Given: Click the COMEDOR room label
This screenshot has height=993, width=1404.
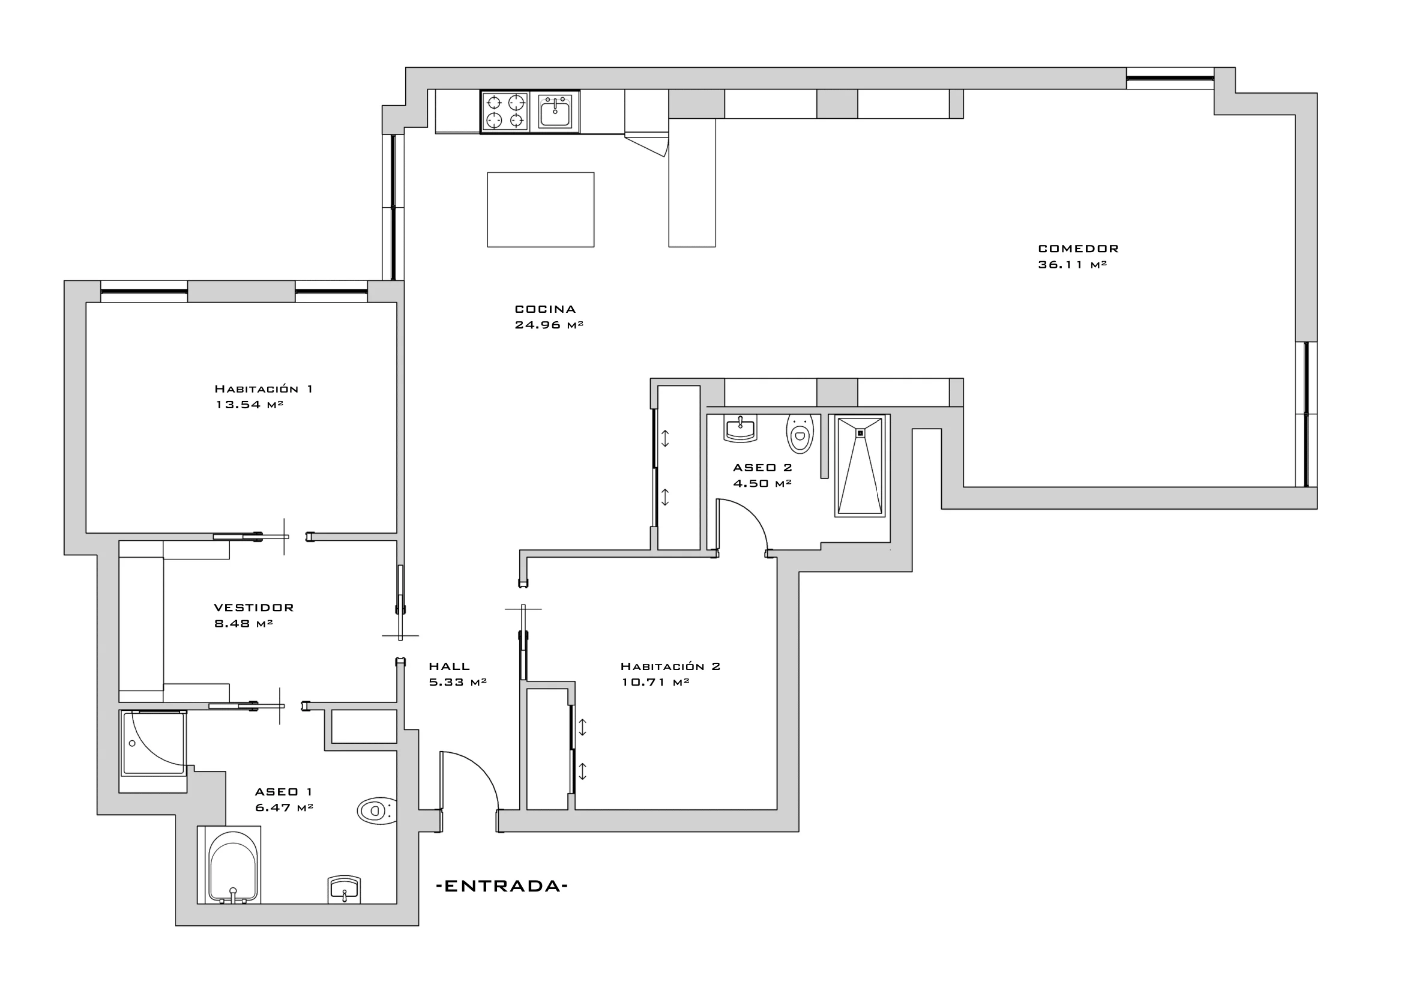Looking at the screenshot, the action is coord(1078,249).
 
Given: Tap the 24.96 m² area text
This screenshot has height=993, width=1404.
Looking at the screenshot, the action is coord(549,325).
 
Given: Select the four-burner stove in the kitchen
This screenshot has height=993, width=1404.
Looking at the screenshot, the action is coord(505,111).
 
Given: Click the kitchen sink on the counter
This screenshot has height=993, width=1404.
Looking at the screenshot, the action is coord(555,111).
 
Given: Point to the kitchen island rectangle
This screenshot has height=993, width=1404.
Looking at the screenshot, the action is coord(541,210).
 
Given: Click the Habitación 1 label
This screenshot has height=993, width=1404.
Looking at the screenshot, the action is coord(264,388).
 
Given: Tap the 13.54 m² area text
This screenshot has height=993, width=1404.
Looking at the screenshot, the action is coord(250,404).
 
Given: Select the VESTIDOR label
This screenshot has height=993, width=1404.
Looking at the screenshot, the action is coord(254,608).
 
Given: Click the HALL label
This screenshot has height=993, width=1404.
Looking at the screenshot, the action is coord(450,666).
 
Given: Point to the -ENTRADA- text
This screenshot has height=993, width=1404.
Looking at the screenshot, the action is coord(502,886).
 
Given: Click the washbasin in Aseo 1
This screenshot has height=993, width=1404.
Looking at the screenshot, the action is coord(345,890).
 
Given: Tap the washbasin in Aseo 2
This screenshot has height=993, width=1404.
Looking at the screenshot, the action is coord(741,428).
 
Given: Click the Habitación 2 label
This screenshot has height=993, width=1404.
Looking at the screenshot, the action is coord(670,666).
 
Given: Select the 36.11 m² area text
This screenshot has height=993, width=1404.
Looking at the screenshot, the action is coord(1073,265).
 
